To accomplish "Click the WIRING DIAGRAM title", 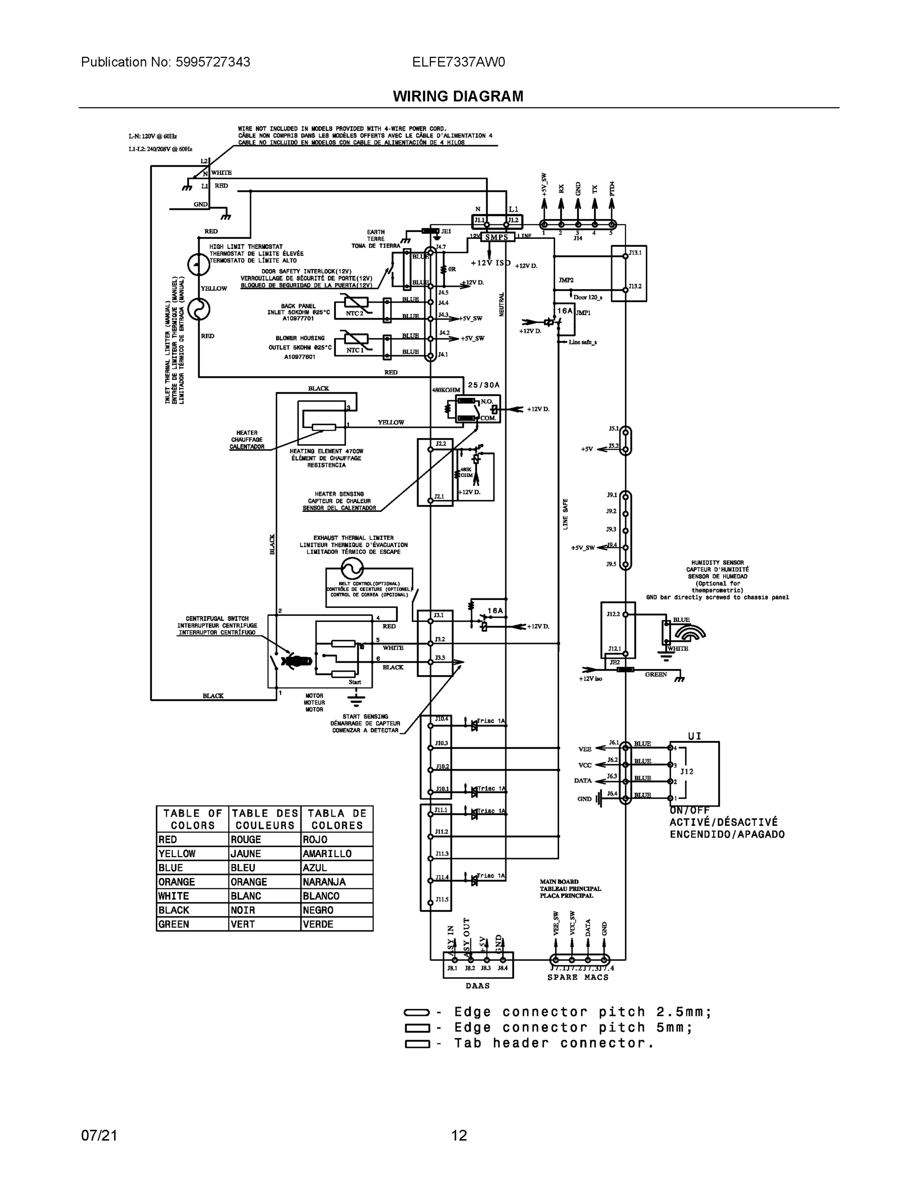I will (458, 96).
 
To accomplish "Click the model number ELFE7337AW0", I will (458, 62).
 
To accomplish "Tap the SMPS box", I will (496, 237).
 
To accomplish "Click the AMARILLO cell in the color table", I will (327, 854).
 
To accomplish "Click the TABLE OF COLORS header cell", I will (193, 819).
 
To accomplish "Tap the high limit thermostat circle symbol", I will (198, 265).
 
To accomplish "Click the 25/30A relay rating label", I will (483, 385).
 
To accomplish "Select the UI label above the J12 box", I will (694, 736).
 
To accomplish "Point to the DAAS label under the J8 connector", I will (478, 985).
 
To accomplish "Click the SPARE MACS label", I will (578, 977).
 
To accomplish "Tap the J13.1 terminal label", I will (634, 253).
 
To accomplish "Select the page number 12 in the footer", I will (459, 1136).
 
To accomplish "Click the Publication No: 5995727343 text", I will (165, 62).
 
